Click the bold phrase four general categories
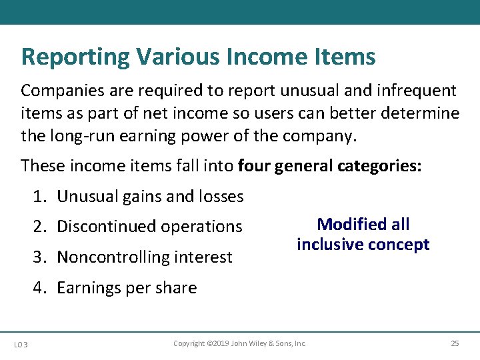click(x=329, y=166)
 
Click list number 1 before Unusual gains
click(x=40, y=197)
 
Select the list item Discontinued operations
click(x=149, y=227)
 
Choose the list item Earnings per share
click(x=127, y=288)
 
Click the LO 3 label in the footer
click(x=21, y=344)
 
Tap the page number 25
click(x=455, y=344)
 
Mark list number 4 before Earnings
click(x=40, y=288)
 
